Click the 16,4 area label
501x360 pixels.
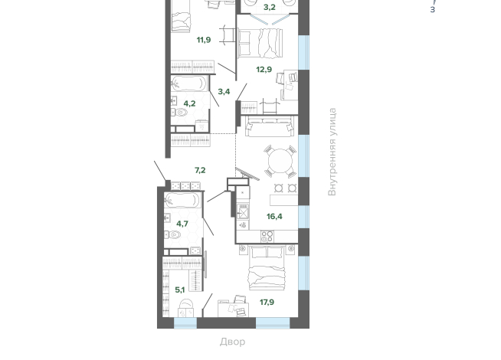(274, 217)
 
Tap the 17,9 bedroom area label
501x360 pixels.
(267, 303)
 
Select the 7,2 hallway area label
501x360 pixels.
(200, 170)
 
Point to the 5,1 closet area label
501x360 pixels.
(180, 290)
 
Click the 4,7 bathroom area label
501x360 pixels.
(182, 224)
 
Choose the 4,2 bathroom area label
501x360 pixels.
(189, 104)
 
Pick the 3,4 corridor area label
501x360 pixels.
(224, 92)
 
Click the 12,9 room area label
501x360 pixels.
(264, 69)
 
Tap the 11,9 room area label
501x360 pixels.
(204, 40)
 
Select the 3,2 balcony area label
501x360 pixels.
(270, 8)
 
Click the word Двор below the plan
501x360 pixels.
(233, 342)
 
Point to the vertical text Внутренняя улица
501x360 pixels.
(332, 152)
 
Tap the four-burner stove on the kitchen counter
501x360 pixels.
(267, 237)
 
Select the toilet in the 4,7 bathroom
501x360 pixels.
(173, 235)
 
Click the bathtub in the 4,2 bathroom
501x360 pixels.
(188, 83)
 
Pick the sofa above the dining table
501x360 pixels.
(270, 126)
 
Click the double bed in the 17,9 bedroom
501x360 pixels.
(267, 268)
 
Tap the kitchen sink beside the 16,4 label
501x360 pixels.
(243, 211)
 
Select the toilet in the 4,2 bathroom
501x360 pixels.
(179, 112)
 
